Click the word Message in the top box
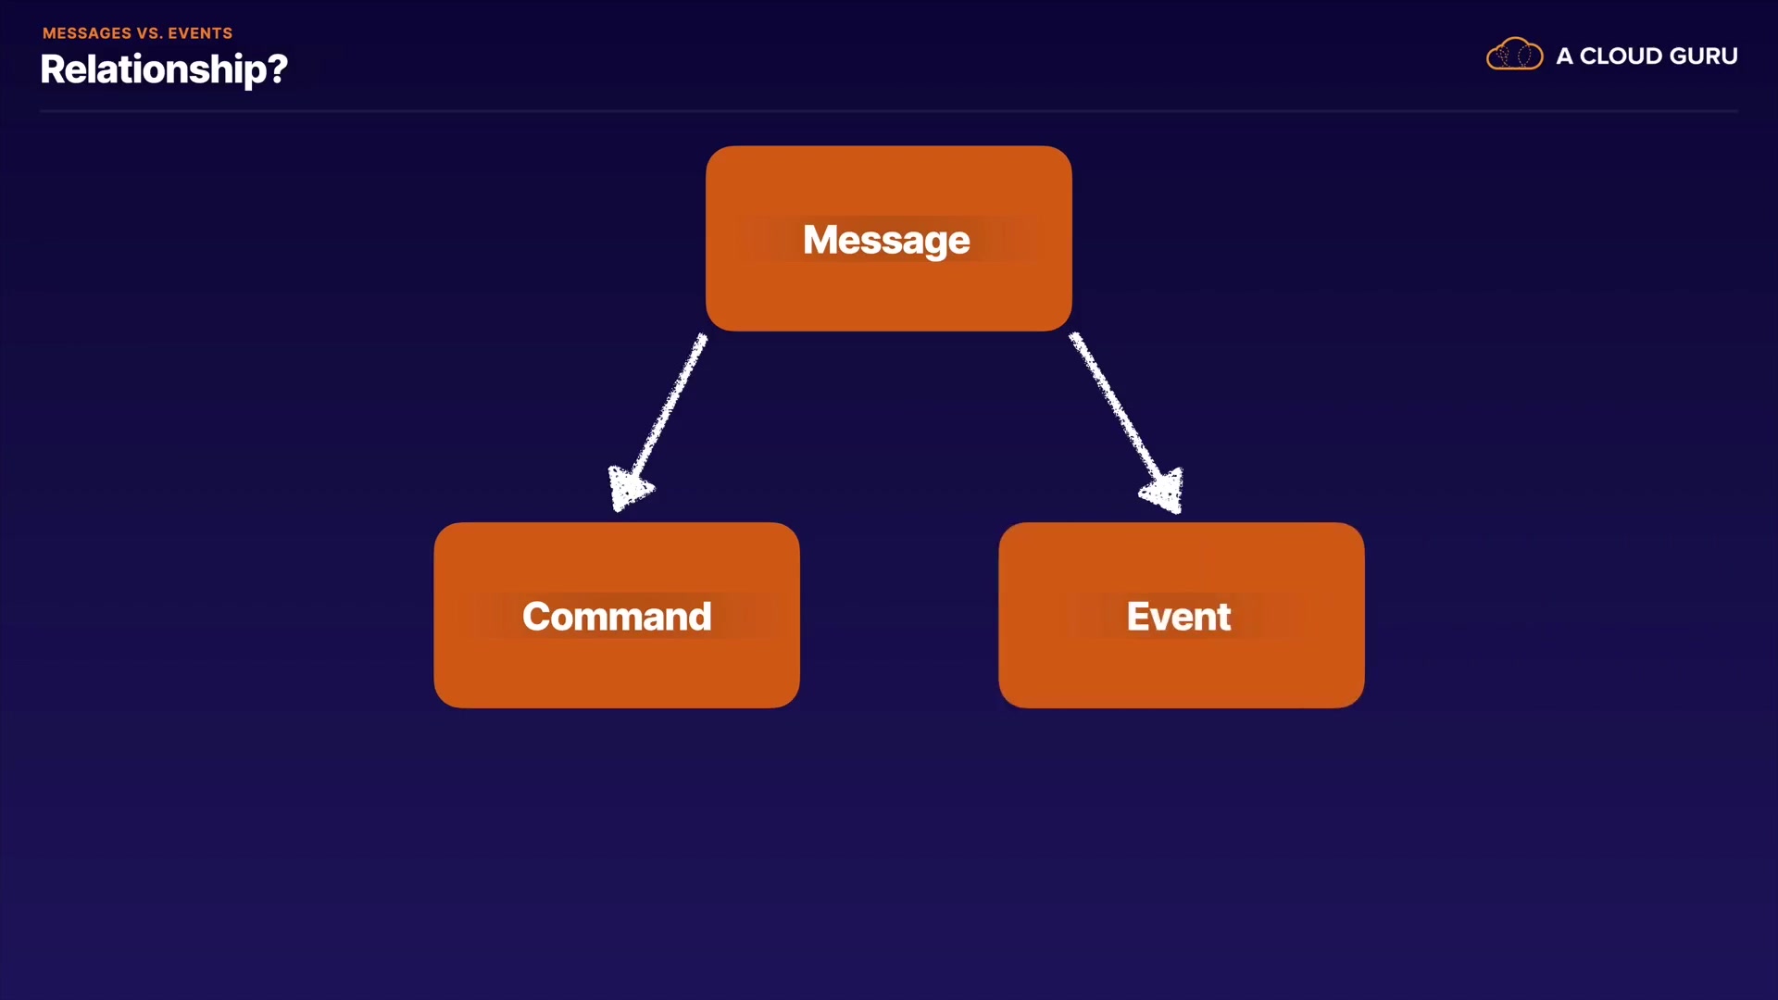pyautogui.click(x=886, y=241)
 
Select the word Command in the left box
pyautogui.click(x=617, y=617)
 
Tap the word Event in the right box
pyautogui.click(x=1179, y=617)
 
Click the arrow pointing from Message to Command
pyautogui.click(x=657, y=422)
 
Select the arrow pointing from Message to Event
pyautogui.click(x=1126, y=422)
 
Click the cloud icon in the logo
pyautogui.click(x=1514, y=55)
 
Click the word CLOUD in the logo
pyautogui.click(x=1621, y=56)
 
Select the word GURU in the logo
pyautogui.click(x=1704, y=56)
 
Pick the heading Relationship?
pyautogui.click(x=164, y=69)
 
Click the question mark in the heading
pyautogui.click(x=278, y=68)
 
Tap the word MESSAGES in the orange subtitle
pyautogui.click(x=87, y=33)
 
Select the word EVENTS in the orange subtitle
pyautogui.click(x=200, y=33)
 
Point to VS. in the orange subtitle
pyautogui.click(x=150, y=33)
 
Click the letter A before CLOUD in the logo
pyautogui.click(x=1565, y=56)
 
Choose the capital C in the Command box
pyautogui.click(x=537, y=617)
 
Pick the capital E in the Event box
pyautogui.click(x=1138, y=617)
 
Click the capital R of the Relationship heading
pyautogui.click(x=53, y=69)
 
